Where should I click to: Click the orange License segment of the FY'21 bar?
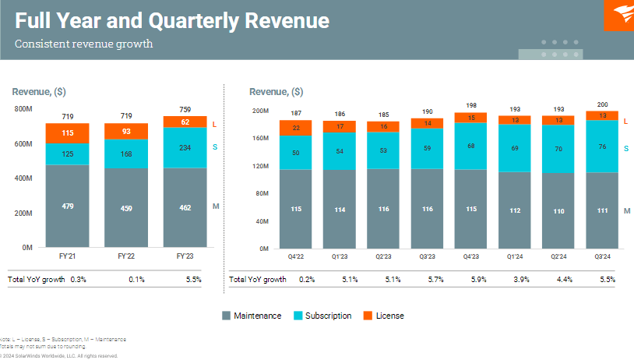(67, 133)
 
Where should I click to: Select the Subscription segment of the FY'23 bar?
(185, 147)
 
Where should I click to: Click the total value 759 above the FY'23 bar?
(185, 110)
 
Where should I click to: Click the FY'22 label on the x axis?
(126, 256)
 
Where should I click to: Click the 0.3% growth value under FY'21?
(79, 279)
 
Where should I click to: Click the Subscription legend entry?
(328, 316)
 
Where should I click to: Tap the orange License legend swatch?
(368, 316)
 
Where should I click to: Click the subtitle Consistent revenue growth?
(83, 44)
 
